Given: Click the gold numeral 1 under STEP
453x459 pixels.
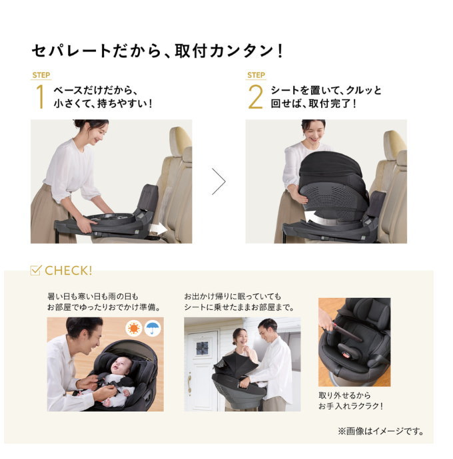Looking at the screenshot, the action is [41, 96].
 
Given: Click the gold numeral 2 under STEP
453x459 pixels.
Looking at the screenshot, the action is [255, 96].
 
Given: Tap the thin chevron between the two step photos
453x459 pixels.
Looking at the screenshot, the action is [219, 182].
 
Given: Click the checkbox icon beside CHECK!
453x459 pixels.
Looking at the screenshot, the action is [36, 270].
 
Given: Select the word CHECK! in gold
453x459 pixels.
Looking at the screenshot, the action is [69, 271].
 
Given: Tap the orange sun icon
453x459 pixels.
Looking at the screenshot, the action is [134, 328].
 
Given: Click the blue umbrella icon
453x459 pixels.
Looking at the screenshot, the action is [153, 328].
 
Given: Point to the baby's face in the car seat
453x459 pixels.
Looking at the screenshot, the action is [121, 366].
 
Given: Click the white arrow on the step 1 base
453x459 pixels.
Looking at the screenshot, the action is [158, 229].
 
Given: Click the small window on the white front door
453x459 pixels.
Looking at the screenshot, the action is [202, 348].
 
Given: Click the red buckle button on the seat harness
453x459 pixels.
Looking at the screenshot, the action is [346, 355].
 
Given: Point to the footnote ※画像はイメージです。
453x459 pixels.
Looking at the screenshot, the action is [381, 431].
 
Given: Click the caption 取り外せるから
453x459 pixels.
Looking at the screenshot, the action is [344, 396].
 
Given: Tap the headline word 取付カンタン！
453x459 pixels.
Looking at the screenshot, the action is [229, 51].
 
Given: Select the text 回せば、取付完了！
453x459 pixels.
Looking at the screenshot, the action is [313, 103].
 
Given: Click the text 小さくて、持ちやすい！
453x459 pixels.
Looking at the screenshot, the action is [103, 103].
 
